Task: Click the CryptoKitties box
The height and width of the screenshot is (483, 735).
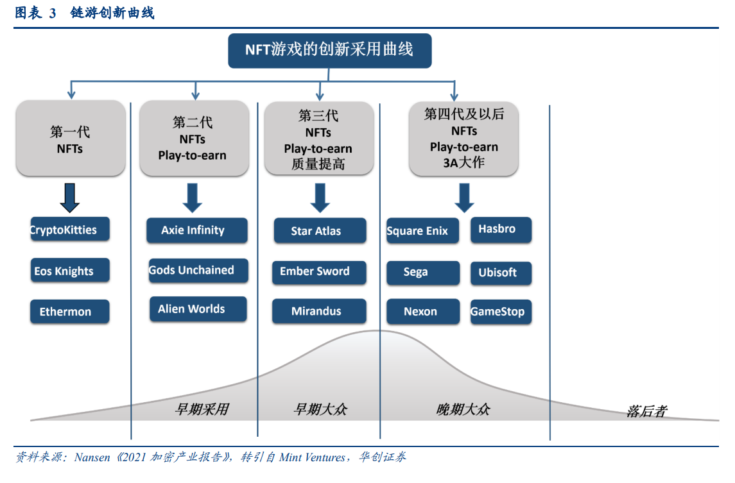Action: [x=70, y=229]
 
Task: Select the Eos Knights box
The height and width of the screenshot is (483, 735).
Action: [x=70, y=270]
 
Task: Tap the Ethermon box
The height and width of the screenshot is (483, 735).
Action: [x=70, y=312]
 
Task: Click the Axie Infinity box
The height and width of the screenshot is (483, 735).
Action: [x=197, y=230]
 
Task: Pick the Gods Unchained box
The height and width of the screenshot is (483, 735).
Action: [x=198, y=270]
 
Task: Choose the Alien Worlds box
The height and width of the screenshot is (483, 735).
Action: [x=198, y=309]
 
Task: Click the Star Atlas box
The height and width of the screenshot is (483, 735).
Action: [x=320, y=230]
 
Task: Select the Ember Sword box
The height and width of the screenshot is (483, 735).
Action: [x=319, y=273]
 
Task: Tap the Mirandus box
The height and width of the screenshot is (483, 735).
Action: [x=319, y=311]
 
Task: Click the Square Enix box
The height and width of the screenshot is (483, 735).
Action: [x=423, y=230]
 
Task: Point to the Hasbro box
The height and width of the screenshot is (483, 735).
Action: [x=501, y=230]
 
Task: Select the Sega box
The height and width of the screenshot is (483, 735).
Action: [x=423, y=273]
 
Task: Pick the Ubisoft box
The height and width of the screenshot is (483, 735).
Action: [x=501, y=273]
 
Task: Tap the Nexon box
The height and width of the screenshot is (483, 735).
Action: [x=423, y=312]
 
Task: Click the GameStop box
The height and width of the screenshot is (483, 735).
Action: [x=501, y=312]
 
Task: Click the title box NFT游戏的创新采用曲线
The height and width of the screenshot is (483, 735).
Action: [x=330, y=51]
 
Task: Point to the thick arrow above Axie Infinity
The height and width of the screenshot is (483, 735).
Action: [x=192, y=198]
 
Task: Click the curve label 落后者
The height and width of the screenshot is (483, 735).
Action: [x=646, y=411]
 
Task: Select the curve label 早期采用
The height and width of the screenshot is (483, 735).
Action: [x=202, y=409]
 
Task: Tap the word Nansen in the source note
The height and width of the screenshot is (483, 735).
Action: [x=92, y=457]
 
